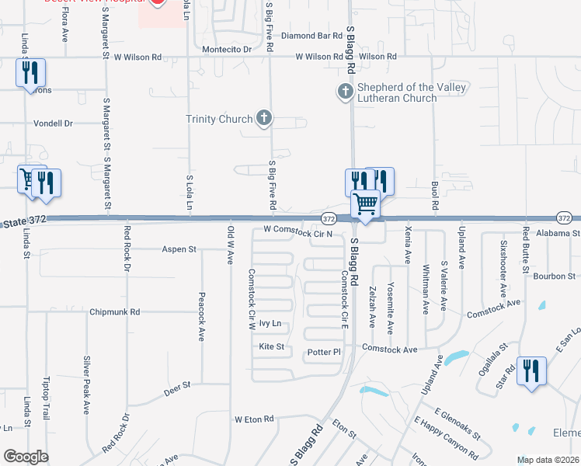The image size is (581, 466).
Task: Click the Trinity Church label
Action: tap(219, 119)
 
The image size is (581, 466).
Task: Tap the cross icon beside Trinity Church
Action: tap(264, 119)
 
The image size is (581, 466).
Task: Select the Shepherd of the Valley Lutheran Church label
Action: tap(412, 92)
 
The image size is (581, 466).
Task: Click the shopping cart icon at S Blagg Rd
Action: tap(365, 205)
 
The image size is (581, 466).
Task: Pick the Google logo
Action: tap(26, 457)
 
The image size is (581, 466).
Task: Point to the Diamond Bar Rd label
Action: tap(311, 36)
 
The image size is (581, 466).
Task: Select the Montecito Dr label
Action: tap(227, 49)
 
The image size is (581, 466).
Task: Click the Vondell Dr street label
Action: tap(53, 123)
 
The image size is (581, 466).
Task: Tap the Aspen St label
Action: tap(179, 249)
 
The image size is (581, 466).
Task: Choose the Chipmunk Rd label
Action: tap(114, 311)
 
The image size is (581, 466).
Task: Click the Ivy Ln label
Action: tap(270, 323)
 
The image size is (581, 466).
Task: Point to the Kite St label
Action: tap(272, 346)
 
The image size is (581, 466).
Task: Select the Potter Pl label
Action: tap(325, 352)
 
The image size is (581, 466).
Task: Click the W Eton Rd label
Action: tap(255, 419)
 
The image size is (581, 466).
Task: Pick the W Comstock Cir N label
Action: tap(297, 231)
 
